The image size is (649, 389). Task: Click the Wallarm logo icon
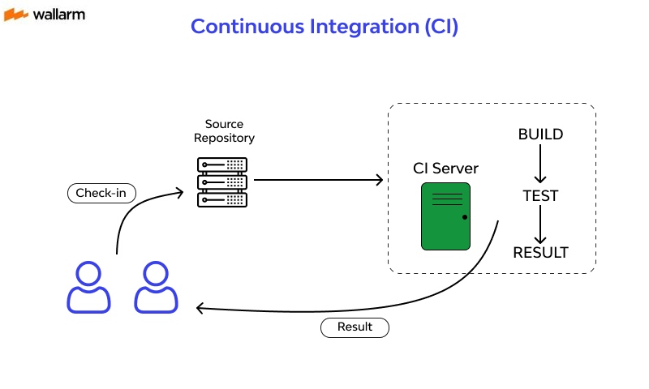tap(16, 15)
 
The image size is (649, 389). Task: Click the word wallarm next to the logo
tap(59, 15)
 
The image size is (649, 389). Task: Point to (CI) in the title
tap(441, 26)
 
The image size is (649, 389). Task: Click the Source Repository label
tap(224, 131)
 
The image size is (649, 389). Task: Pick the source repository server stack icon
tap(223, 183)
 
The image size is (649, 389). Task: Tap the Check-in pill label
tap(101, 193)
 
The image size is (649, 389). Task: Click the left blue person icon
tap(88, 287)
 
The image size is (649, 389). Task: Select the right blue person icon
tap(156, 287)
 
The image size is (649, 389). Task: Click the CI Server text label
tap(445, 169)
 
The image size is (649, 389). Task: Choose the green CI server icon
tap(445, 216)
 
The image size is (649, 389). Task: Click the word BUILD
tap(540, 135)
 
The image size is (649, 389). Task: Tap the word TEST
tap(540, 195)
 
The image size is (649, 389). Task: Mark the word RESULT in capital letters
tap(540, 253)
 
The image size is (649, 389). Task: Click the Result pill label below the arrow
tap(355, 327)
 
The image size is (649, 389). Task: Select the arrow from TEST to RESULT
tap(540, 224)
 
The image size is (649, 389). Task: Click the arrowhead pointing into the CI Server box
tap(379, 180)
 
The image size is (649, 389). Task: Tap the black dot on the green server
tap(464, 217)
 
